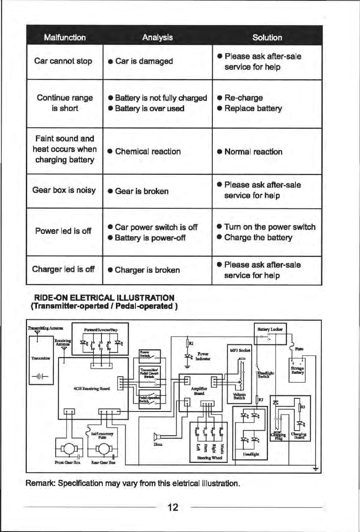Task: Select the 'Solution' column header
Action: [x=267, y=37]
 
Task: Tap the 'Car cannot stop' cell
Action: [x=63, y=61]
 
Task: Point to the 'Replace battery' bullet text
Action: [x=253, y=108]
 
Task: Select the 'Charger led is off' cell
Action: [x=63, y=270]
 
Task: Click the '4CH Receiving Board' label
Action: [x=88, y=387]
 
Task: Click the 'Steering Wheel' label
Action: [x=209, y=458]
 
